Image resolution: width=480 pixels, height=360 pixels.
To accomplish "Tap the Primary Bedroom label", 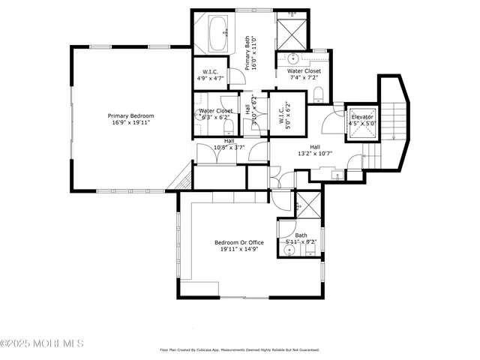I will click(130, 115).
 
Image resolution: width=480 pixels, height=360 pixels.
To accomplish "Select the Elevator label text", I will click(363, 117).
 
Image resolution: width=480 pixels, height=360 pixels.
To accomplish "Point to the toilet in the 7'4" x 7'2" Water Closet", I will click(318, 92).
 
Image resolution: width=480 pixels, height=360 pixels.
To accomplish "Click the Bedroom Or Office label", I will click(239, 242).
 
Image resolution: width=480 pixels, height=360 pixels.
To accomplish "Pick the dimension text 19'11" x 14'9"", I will click(239, 250).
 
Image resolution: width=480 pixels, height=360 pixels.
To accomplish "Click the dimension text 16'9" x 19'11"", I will click(130, 123).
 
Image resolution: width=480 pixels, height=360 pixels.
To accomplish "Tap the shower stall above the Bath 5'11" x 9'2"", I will click(308, 203).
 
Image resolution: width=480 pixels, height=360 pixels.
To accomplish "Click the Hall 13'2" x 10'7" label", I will click(315, 151).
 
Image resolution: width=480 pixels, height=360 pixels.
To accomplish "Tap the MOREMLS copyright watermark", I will click(42, 343).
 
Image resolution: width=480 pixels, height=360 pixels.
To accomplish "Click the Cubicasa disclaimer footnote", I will click(239, 349).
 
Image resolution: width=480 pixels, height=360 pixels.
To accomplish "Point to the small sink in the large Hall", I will click(336, 175).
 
